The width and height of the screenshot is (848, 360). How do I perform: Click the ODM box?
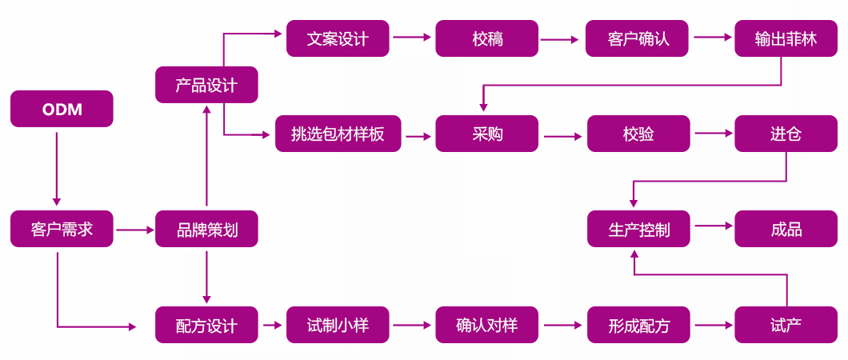[62, 109]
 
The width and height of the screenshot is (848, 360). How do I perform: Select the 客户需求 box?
[62, 229]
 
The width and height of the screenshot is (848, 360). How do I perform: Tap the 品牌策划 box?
[206, 229]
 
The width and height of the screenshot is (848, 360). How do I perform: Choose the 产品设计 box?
[206, 85]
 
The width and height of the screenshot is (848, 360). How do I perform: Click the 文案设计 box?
[338, 38]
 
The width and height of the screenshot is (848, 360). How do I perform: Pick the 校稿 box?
[487, 38]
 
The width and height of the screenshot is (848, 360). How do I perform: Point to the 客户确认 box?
[638, 38]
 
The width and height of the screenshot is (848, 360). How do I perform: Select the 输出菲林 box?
[786, 38]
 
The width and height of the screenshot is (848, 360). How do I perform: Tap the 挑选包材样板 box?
[338, 134]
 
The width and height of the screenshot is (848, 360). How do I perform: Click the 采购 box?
[487, 134]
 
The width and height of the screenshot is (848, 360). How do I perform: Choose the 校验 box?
[638, 134]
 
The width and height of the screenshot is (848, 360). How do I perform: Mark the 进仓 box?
[786, 134]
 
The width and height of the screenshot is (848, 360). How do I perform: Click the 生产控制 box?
[638, 230]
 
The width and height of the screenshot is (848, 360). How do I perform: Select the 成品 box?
[786, 230]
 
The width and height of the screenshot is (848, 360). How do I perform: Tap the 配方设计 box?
[206, 326]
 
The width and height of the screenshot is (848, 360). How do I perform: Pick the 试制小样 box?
[338, 325]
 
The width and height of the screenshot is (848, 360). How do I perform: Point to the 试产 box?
[786, 325]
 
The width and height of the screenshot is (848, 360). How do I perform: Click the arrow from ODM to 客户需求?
[57, 168]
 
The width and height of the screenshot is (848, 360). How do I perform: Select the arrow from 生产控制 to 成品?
[713, 226]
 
